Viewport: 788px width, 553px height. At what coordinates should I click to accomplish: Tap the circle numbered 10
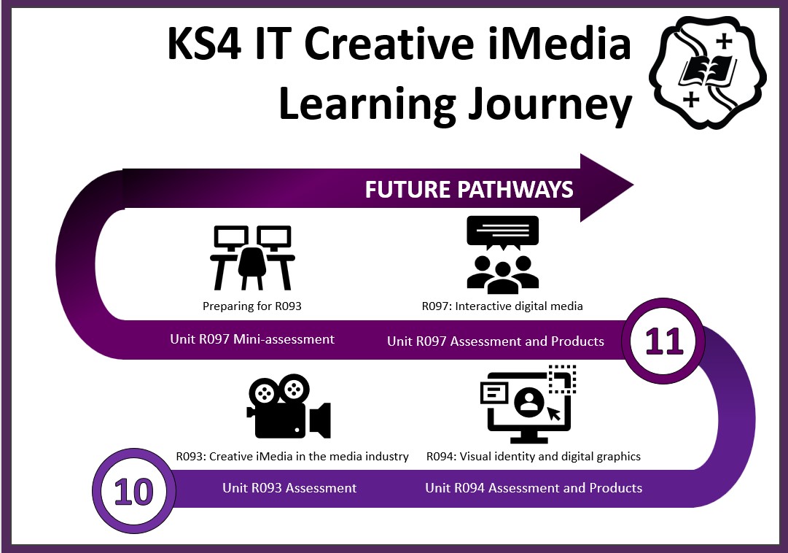[133, 490]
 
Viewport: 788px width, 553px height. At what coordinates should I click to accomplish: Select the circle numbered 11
[663, 341]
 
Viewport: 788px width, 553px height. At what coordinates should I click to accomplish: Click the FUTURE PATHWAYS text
[469, 189]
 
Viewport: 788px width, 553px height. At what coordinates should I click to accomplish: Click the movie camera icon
[289, 406]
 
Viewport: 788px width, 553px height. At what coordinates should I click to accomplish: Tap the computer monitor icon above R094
[528, 404]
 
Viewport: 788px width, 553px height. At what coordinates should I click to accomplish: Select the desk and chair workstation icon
[252, 258]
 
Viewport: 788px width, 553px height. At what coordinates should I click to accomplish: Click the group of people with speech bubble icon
[502, 255]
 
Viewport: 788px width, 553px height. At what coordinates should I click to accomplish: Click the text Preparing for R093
[251, 306]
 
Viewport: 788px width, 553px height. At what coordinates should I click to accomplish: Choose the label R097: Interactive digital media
[502, 306]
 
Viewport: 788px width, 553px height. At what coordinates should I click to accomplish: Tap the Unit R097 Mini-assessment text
[251, 339]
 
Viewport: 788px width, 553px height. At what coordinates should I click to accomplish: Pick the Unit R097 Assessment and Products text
[496, 341]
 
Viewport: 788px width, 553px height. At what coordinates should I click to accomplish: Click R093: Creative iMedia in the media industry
[292, 457]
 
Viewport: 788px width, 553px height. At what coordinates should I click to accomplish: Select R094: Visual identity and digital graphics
[533, 457]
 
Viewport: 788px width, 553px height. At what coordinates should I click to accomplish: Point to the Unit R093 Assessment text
[289, 487]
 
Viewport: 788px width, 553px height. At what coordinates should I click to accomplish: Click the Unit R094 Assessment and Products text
[534, 487]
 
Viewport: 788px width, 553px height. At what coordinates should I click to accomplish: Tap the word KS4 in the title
[205, 44]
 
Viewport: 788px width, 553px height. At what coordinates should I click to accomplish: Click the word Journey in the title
[550, 104]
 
